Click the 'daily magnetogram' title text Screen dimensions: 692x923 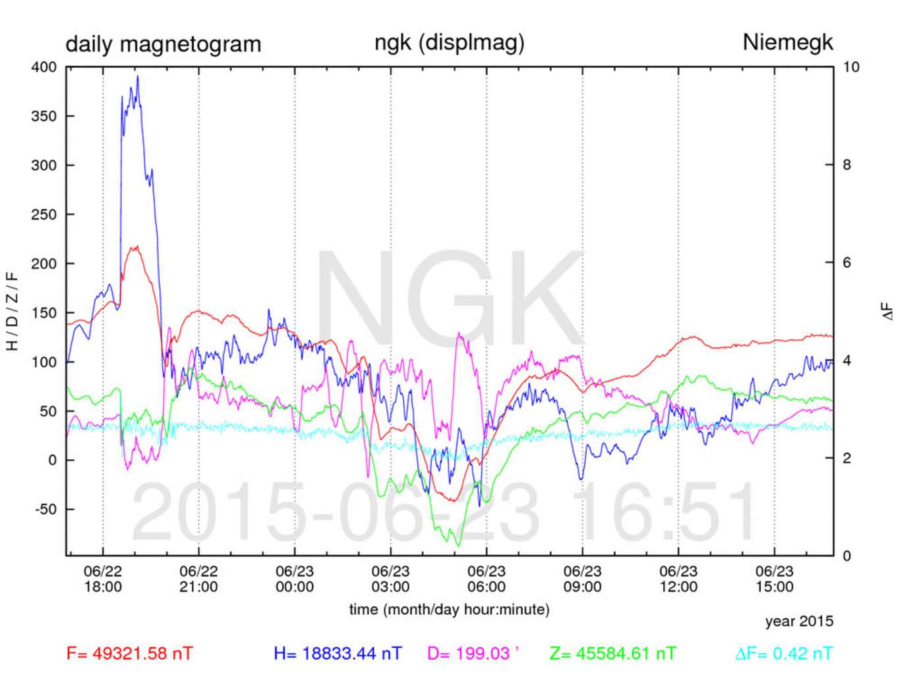coord(163,44)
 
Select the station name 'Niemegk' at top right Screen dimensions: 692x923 coord(787,42)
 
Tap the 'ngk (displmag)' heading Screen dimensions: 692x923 coord(449,42)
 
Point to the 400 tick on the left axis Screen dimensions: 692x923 coord(44,67)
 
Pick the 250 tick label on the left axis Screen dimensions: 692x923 coord(44,214)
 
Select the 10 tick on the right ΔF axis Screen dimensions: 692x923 coord(851,67)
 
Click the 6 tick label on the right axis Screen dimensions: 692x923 coord(847,263)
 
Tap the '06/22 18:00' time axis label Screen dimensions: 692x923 coord(103,579)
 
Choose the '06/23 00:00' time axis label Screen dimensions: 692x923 coord(295,579)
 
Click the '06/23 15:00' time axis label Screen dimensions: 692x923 coord(774,579)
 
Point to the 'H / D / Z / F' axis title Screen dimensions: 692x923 coord(12,311)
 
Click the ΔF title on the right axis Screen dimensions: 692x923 coord(888,311)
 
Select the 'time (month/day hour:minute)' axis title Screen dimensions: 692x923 coord(449,610)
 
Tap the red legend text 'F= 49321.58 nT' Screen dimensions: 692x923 coord(130,654)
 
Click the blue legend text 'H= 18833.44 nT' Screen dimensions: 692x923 coord(338,654)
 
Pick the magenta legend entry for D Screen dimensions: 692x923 coord(473,654)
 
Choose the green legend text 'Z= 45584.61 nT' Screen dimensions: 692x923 coord(612,654)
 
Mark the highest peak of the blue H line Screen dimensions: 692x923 coord(137,76)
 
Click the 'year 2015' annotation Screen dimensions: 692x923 coord(799,621)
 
